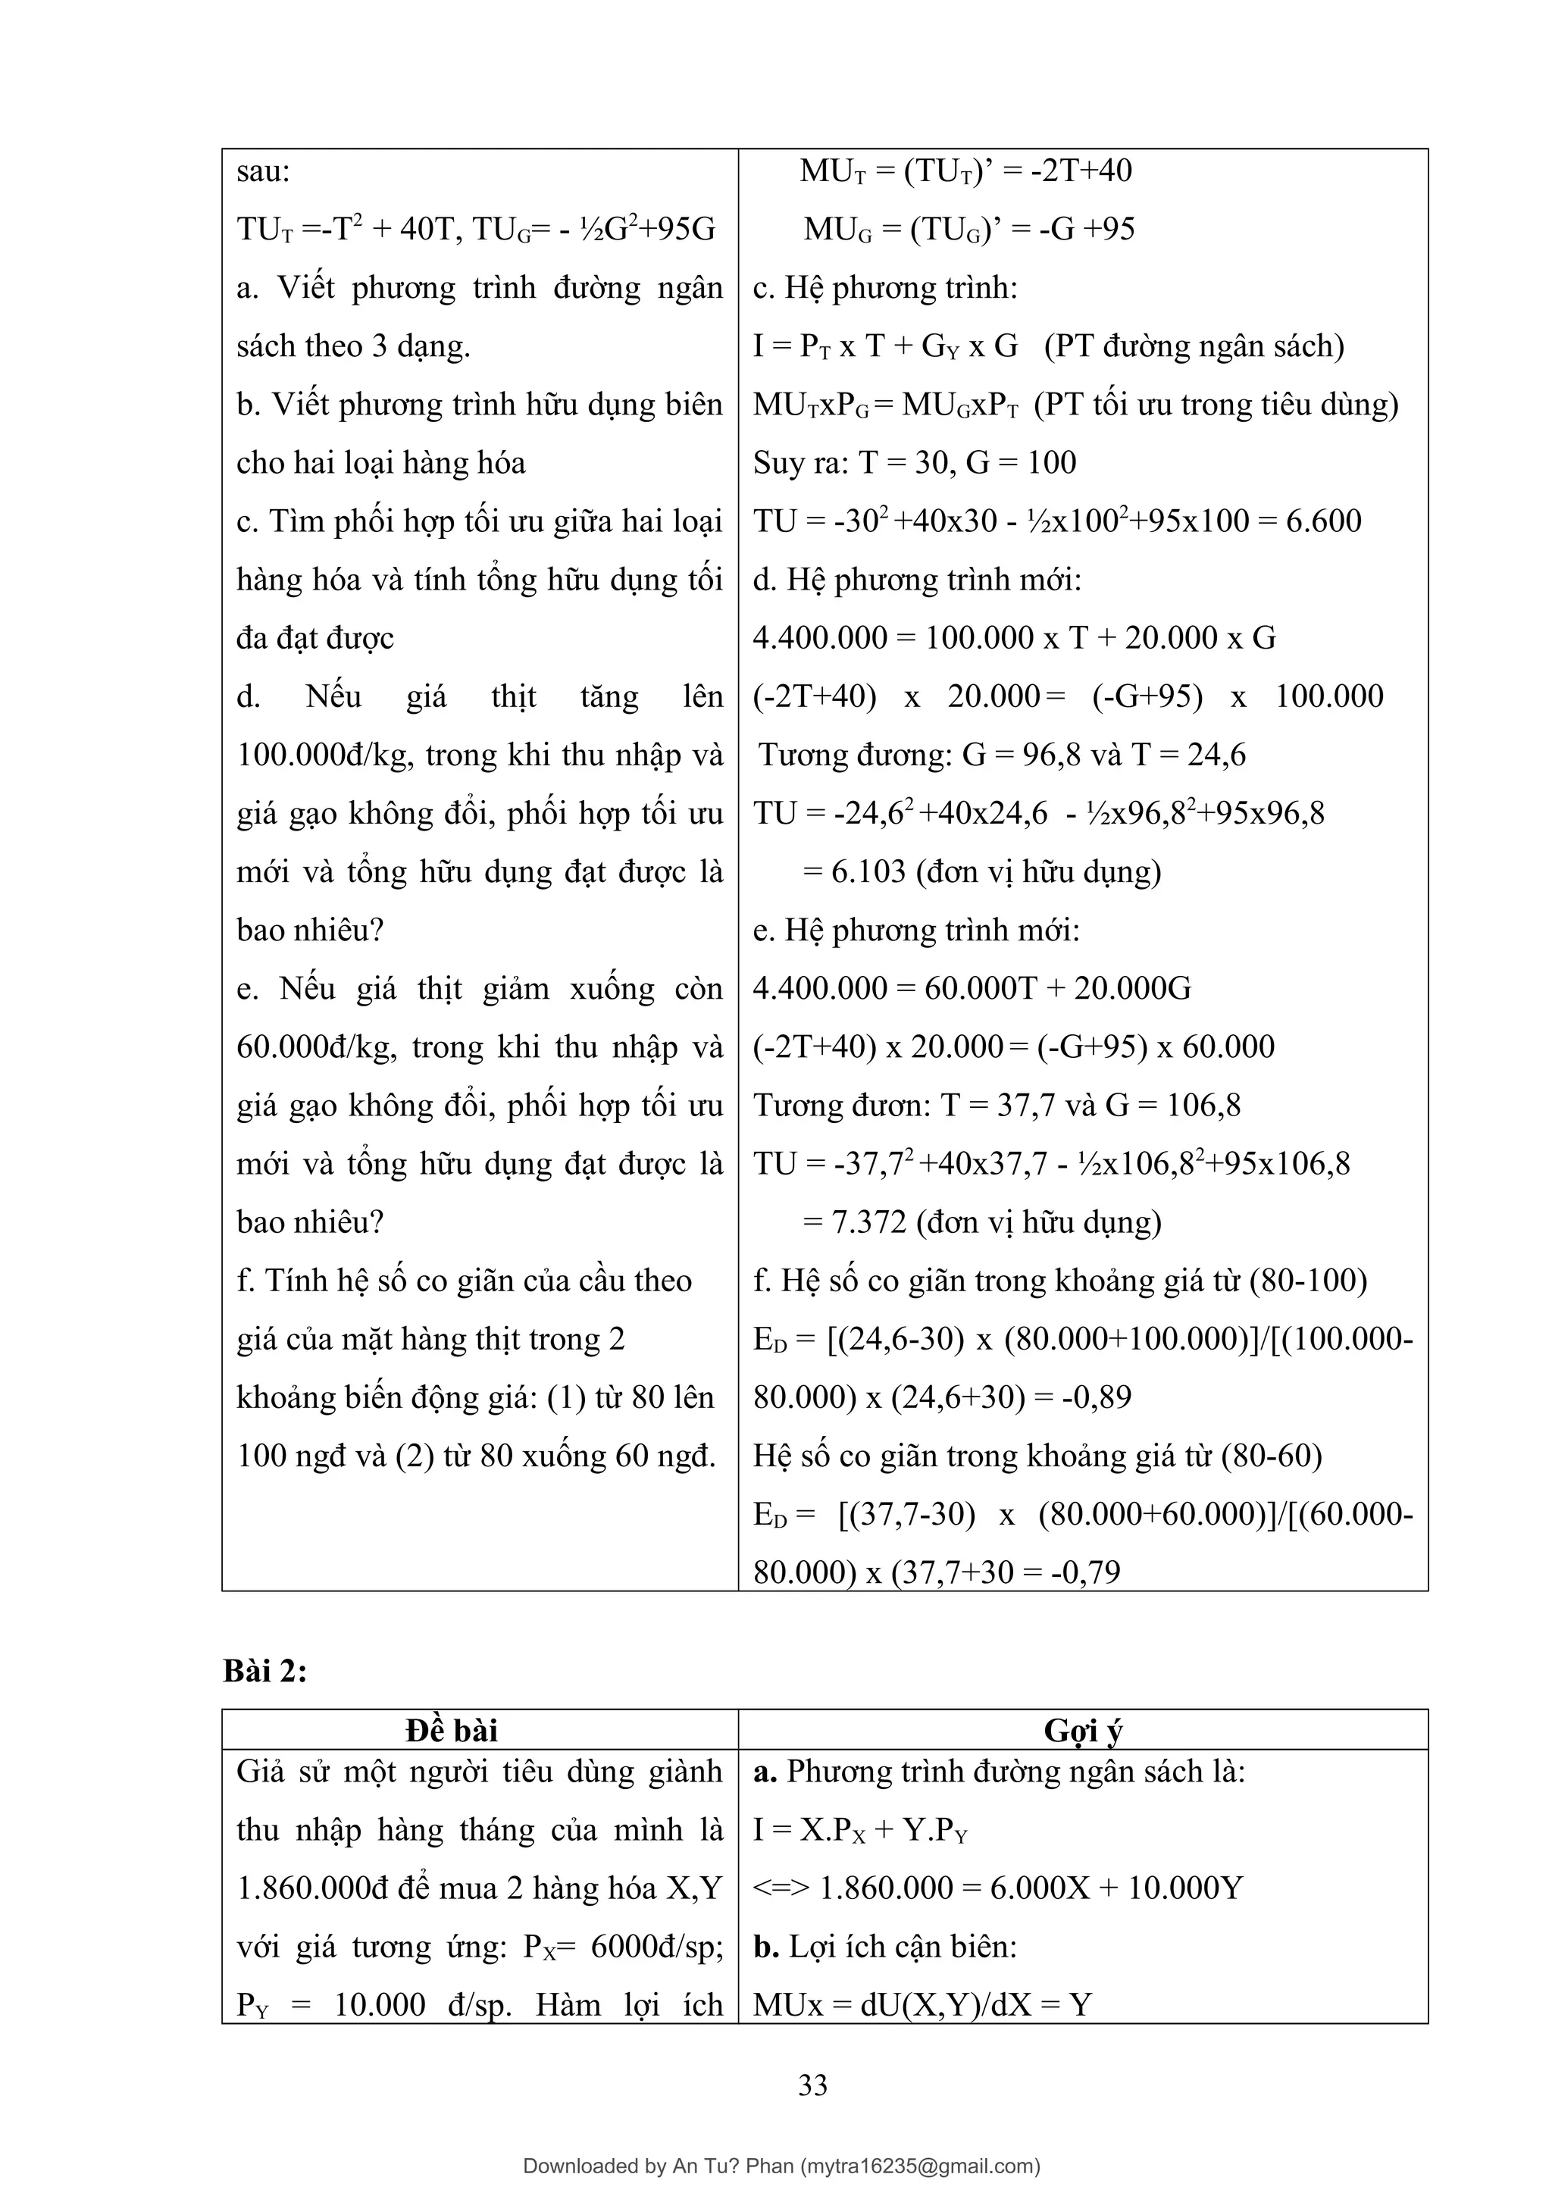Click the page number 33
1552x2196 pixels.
813,2084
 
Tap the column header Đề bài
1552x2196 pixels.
452,1729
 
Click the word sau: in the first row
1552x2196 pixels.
263,172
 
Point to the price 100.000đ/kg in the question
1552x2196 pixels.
325,755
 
